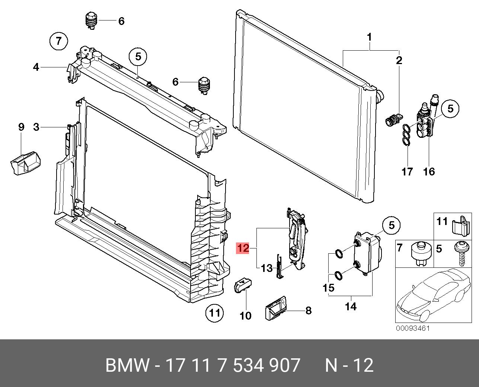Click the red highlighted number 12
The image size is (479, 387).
click(243, 248)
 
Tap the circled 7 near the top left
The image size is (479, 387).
click(58, 41)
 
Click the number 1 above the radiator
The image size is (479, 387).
click(369, 37)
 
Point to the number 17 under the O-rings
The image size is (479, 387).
click(408, 171)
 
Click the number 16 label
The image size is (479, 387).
click(429, 171)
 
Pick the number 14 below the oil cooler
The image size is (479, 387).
click(351, 306)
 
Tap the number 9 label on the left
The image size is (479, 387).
click(21, 127)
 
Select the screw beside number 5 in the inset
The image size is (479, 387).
click(460, 253)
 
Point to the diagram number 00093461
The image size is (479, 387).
click(413, 329)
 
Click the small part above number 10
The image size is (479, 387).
click(242, 286)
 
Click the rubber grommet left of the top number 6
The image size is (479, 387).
click(91, 20)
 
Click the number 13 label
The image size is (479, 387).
click(267, 268)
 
